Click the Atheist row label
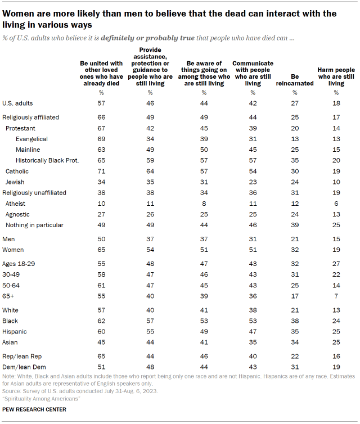15,203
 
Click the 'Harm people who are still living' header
336,74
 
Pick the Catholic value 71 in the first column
101,171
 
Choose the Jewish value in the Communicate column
253,182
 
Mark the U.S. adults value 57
101,104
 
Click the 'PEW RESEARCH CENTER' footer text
34,409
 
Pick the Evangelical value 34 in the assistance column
150,139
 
